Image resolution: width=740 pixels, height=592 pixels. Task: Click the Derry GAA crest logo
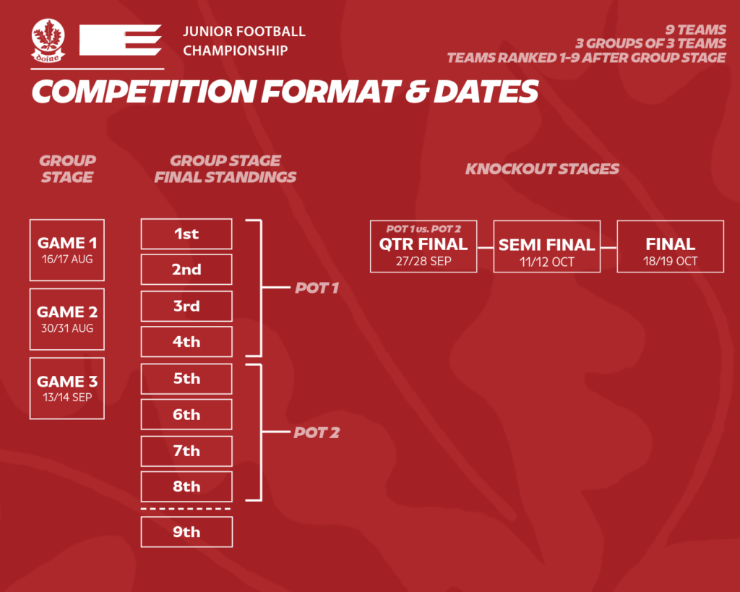pyautogui.click(x=48, y=40)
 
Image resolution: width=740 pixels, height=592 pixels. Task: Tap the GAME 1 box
pyautogui.click(x=67, y=250)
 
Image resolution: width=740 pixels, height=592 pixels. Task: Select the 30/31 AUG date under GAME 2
pyautogui.click(x=67, y=329)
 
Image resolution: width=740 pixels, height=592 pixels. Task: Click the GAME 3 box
pyautogui.click(x=67, y=389)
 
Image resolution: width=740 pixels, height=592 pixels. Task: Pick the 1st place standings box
pyautogui.click(x=186, y=233)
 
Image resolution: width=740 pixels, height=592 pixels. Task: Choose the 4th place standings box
pyautogui.click(x=186, y=342)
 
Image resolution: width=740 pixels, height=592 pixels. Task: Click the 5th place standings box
pyautogui.click(x=186, y=379)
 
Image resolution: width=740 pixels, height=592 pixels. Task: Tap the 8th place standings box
pyautogui.click(x=186, y=486)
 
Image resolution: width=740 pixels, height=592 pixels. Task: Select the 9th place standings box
pyautogui.click(x=186, y=532)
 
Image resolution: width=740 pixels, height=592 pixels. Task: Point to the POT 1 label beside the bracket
pyautogui.click(x=317, y=288)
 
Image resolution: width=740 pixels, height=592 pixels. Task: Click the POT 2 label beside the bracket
pyautogui.click(x=317, y=433)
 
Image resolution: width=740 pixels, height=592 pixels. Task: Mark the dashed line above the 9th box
pyautogui.click(x=186, y=509)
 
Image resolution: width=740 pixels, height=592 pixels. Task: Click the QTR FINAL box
pyautogui.click(x=423, y=246)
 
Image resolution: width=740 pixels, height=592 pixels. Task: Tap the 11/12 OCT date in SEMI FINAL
pyautogui.click(x=547, y=262)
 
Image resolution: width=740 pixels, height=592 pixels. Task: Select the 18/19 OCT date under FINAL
pyautogui.click(x=670, y=261)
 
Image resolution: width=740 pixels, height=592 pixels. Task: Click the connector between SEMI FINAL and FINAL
pyautogui.click(x=608, y=247)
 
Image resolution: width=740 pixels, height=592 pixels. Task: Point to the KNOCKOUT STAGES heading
pyautogui.click(x=542, y=169)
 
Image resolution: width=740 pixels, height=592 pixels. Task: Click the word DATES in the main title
pyautogui.click(x=486, y=91)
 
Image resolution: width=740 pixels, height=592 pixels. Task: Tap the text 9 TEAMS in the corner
pyautogui.click(x=696, y=30)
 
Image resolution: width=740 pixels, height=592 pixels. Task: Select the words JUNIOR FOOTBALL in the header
pyautogui.click(x=244, y=32)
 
